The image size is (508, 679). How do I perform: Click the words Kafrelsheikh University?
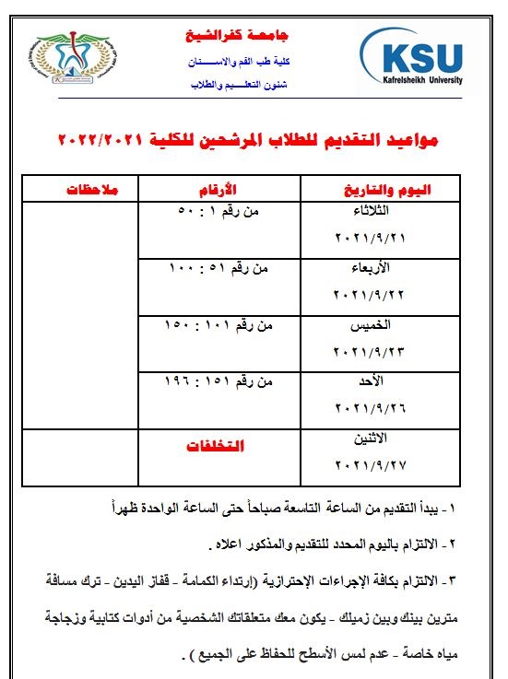[411, 81]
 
